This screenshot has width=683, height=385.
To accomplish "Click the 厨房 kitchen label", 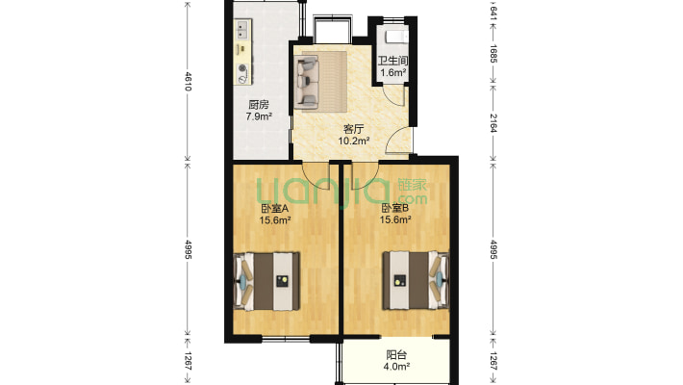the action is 259,105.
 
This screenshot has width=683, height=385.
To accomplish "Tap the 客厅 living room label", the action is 353,129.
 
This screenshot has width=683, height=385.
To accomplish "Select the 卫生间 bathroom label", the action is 392,61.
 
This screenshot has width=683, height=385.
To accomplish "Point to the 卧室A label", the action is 275,209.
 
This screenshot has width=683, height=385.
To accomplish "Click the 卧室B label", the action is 395,209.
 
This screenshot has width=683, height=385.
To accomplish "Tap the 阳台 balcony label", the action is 396,355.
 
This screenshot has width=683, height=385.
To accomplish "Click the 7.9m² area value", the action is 259,116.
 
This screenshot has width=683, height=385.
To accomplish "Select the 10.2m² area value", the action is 354,141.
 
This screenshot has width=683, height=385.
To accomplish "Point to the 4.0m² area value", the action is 396,367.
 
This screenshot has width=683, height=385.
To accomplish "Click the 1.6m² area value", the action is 393,73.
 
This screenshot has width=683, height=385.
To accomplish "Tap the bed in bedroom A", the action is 266,281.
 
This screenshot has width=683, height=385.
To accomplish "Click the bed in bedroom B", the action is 416,280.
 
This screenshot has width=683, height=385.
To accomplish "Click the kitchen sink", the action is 242,29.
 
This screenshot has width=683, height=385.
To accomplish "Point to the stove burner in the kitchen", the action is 242,68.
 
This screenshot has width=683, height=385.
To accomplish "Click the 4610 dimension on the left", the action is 188,82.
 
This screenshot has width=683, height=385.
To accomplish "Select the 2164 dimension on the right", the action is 493,123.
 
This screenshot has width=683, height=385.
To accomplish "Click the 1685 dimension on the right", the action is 493,53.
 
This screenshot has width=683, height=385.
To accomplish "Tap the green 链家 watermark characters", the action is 412,185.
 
